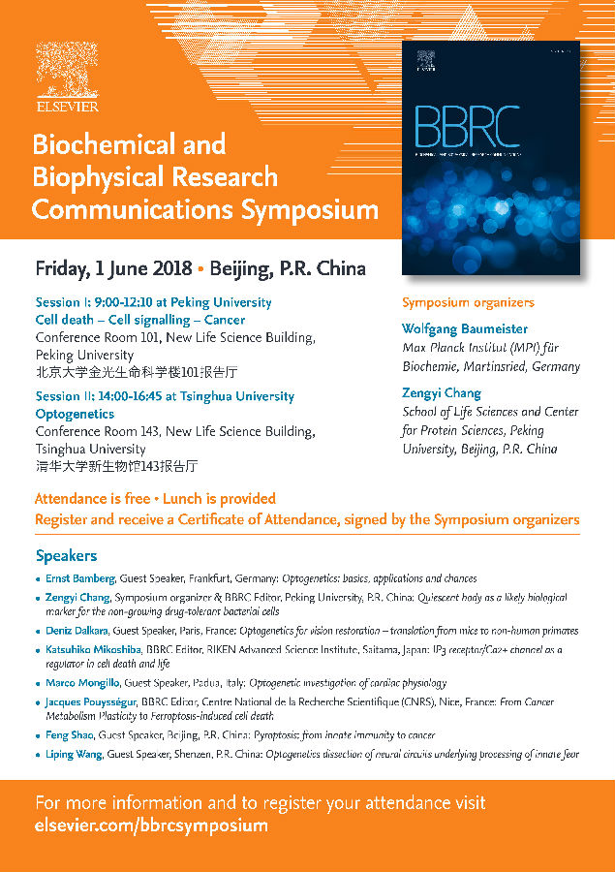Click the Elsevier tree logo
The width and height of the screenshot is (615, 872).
coord(67,68)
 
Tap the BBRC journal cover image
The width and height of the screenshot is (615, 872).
coord(490,159)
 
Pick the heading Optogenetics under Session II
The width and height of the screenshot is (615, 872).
coord(75,414)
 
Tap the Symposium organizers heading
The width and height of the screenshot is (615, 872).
coord(468,302)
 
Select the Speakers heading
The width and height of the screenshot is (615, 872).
coord(66,556)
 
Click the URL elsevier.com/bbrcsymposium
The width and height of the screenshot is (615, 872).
coord(151,826)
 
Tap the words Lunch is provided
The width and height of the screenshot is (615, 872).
coord(217,499)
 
